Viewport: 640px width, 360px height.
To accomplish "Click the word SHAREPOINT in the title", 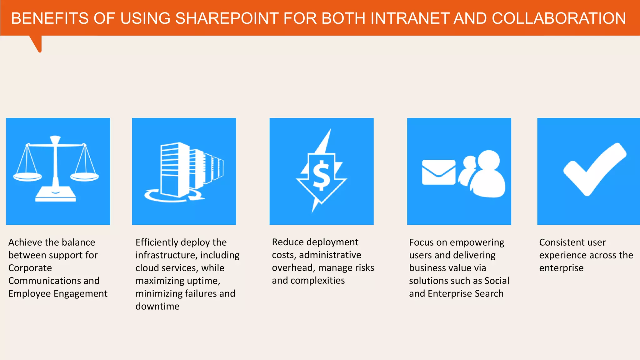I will tap(227, 18).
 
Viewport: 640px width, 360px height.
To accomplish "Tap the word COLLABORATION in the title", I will tap(558, 18).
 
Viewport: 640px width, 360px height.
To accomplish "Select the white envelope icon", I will tap(438, 172).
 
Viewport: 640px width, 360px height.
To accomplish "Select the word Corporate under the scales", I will tap(30, 268).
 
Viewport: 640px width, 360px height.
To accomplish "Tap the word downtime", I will tap(157, 307).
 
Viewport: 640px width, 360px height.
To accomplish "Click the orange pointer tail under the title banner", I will tap(37, 44).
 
